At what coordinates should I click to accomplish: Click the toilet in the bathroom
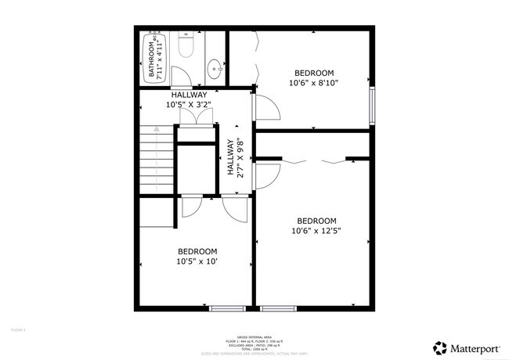[186, 48]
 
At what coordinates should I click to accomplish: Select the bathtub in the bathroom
[153, 57]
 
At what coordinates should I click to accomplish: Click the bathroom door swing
[179, 76]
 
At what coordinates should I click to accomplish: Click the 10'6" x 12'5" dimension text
[316, 230]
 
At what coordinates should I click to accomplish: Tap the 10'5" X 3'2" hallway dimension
[189, 103]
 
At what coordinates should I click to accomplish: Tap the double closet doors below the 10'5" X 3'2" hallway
[195, 115]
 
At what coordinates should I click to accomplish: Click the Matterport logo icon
[440, 347]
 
